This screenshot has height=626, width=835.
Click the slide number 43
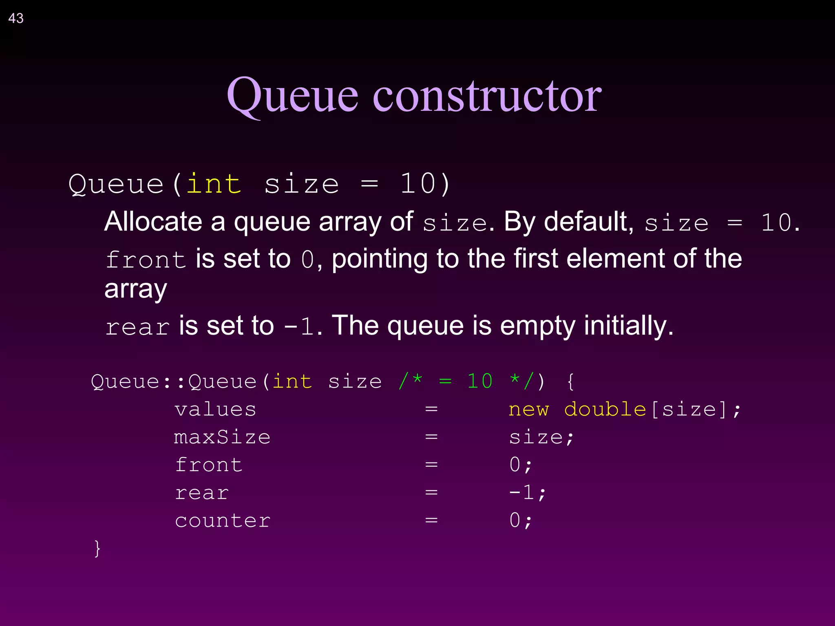click(16, 18)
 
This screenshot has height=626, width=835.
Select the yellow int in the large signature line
click(214, 184)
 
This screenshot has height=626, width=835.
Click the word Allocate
click(153, 222)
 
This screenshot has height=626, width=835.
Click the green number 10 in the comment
click(479, 381)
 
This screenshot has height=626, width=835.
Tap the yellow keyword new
click(528, 410)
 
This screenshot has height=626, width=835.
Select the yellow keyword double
click(605, 410)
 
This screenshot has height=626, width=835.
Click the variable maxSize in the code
click(222, 437)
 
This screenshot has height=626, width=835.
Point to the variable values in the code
click(215, 410)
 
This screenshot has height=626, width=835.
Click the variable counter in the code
click(223, 521)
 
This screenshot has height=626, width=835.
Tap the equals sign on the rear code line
click(431, 493)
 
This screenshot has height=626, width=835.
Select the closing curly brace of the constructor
click(97, 549)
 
